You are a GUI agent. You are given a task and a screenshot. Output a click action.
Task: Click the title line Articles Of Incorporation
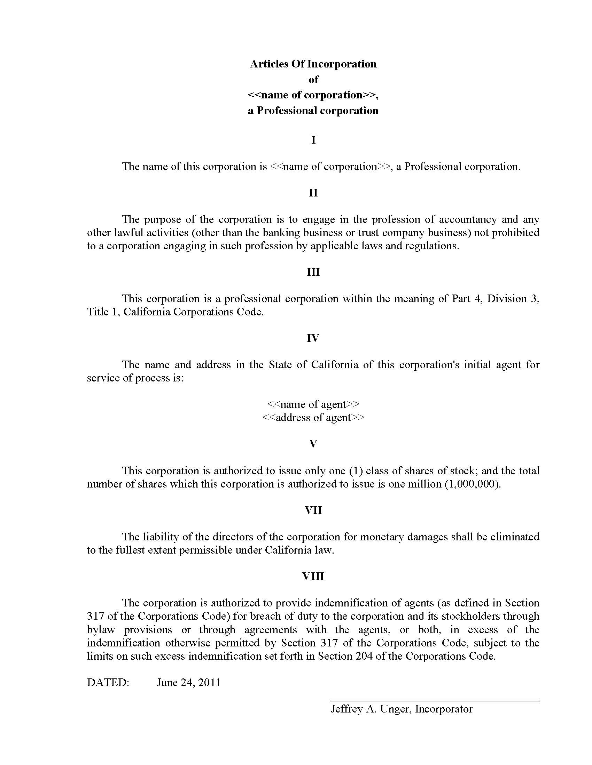pos(313,64)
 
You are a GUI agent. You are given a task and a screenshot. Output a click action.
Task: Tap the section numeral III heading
pos(313,272)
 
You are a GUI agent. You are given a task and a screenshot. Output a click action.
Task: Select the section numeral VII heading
pos(313,510)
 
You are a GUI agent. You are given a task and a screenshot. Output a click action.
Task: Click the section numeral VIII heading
pos(313,577)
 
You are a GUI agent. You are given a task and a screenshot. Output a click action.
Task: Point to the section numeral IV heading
pos(313,338)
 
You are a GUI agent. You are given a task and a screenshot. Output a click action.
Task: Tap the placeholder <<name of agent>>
pos(313,404)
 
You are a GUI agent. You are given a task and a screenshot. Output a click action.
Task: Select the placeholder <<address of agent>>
pos(313,418)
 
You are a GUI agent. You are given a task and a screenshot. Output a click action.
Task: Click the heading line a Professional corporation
pos(313,111)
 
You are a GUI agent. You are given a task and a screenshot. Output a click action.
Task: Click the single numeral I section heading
pos(313,140)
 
